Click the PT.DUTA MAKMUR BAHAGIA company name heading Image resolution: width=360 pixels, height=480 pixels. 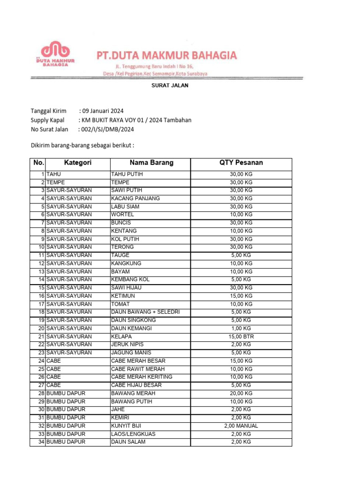(x=166, y=56)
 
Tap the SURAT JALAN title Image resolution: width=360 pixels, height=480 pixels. (x=169, y=86)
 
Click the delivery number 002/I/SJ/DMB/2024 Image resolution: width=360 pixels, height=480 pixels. (x=108, y=129)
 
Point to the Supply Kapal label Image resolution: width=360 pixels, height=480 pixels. (x=48, y=120)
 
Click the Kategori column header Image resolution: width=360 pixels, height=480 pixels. (x=78, y=163)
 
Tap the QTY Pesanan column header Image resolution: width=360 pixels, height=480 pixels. (x=241, y=163)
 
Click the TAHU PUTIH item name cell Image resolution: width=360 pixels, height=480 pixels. (x=127, y=174)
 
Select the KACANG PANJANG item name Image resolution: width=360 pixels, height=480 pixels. (x=135, y=198)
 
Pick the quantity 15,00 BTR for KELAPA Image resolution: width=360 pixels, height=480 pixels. (x=241, y=337)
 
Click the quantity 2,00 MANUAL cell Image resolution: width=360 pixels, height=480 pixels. (x=241, y=426)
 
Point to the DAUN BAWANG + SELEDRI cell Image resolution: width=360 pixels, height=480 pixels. (x=145, y=312)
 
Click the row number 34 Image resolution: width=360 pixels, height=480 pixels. (x=41, y=442)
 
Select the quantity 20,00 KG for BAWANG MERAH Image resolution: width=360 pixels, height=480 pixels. (x=241, y=393)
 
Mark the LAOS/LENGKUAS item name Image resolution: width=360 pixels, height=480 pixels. (x=133, y=434)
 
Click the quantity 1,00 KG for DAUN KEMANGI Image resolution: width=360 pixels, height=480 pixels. (x=241, y=328)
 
